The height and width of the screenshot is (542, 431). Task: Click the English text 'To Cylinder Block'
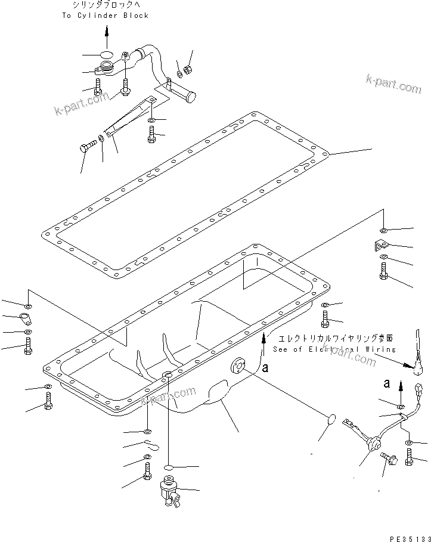pyautogui.click(x=106, y=16)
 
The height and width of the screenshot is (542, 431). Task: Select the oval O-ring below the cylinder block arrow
pyautogui.click(x=107, y=55)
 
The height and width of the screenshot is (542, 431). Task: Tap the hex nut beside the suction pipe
pyautogui.click(x=187, y=70)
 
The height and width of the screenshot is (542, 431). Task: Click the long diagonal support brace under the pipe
pyautogui.click(x=129, y=114)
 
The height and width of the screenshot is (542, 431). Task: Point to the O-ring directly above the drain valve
pyautogui.click(x=169, y=466)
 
